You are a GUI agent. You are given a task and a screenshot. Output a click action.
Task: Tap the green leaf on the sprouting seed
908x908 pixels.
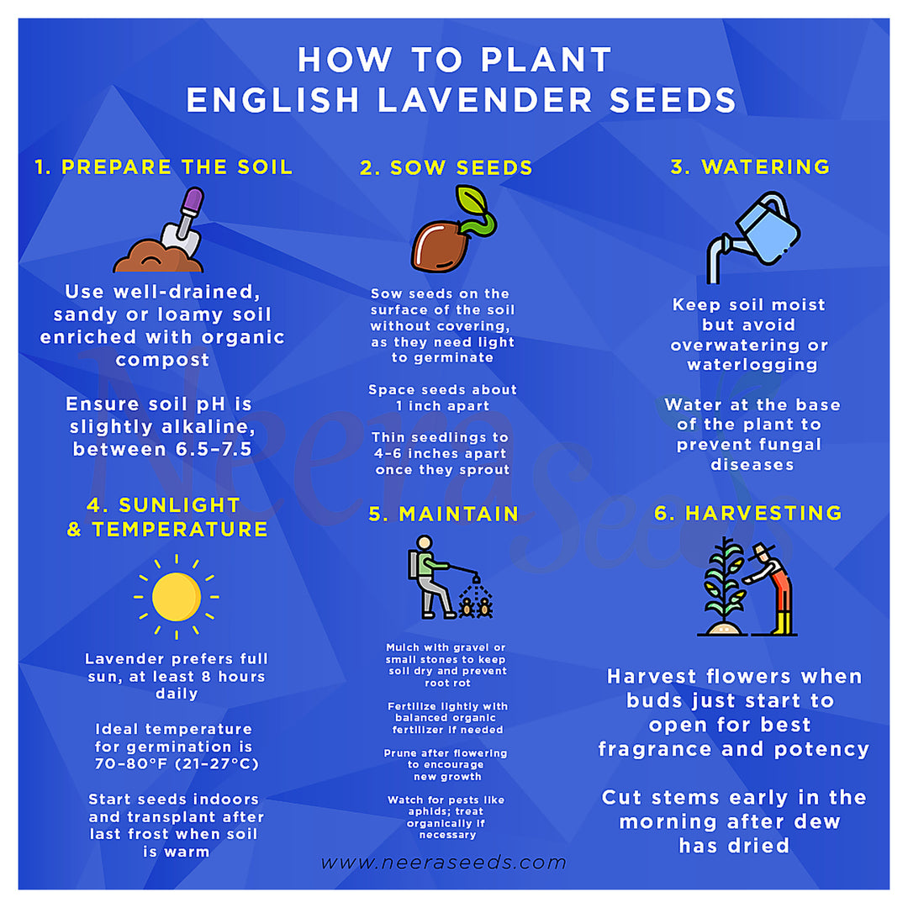472,200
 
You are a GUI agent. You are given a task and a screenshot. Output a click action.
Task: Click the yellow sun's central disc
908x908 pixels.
177,596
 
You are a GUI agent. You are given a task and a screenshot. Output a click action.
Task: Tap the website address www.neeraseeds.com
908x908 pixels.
444,863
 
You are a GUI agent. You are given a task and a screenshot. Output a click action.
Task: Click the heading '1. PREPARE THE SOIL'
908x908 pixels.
164,166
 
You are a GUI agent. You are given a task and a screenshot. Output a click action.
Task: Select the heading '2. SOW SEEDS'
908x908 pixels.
446,167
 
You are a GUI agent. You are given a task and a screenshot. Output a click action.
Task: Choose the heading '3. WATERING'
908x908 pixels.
751,166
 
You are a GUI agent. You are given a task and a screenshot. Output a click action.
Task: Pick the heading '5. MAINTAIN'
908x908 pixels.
444,515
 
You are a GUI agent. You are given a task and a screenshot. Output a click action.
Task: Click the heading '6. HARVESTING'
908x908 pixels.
748,513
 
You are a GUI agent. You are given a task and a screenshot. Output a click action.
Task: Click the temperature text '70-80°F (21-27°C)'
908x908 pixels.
177,763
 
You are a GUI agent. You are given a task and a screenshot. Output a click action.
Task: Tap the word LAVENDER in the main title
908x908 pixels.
485,99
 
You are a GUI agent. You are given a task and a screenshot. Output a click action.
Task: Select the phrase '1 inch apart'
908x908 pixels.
443,406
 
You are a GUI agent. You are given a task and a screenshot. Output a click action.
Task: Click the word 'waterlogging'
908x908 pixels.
752,365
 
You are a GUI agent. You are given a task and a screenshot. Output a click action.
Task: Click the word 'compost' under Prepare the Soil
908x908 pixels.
163,360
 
